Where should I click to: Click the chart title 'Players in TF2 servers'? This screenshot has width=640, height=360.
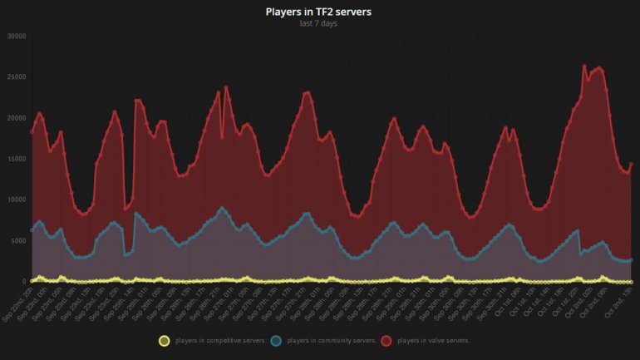319,12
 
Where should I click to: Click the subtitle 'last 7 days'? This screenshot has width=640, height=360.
319,23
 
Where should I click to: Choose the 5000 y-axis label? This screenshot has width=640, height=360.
18,240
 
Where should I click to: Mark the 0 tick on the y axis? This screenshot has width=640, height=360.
24,281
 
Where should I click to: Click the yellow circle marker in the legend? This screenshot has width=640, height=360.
165,340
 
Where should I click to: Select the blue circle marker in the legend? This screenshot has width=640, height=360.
279,340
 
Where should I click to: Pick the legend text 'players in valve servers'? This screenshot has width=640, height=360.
434,341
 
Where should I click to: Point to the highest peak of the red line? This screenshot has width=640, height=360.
584,65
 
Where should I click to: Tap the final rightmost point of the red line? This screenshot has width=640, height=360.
631,164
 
